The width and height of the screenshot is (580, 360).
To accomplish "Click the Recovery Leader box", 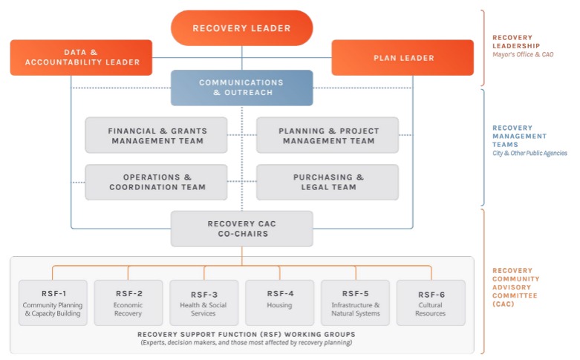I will [x=241, y=28].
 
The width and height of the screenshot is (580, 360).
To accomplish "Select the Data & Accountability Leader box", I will [x=81, y=57].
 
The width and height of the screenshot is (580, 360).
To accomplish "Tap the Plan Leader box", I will [x=402, y=57].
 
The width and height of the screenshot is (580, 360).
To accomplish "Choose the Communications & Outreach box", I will [x=241, y=88].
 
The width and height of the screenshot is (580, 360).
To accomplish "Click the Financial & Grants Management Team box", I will [x=157, y=136].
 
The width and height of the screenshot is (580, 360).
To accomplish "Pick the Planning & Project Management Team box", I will [x=328, y=136].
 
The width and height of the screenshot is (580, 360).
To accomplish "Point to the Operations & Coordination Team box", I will [x=157, y=183].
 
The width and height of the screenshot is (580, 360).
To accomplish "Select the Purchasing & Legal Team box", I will [x=328, y=183].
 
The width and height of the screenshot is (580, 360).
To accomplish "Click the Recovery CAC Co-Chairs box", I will [x=241, y=229].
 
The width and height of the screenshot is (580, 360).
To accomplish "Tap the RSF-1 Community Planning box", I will [x=53, y=303].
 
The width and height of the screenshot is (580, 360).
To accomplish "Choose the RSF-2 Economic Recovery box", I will [x=128, y=303].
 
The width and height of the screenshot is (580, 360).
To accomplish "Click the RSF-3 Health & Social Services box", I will [x=204, y=303].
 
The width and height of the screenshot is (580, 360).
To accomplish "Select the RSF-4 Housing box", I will [x=280, y=303].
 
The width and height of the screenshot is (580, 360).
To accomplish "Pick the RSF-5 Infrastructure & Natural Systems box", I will [x=356, y=303].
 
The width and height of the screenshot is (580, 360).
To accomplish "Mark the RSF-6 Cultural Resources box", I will [x=431, y=303].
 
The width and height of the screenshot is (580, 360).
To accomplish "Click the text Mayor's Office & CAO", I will [x=523, y=55].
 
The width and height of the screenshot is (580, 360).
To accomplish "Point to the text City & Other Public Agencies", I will [x=530, y=154].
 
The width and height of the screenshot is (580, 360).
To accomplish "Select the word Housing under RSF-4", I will [x=280, y=305].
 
